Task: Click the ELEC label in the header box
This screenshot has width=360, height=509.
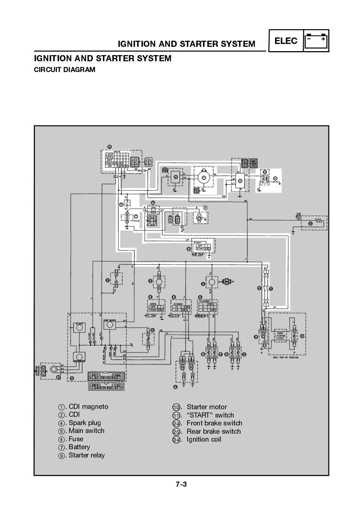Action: [x=286, y=41]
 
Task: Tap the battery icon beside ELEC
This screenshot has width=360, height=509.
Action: [x=316, y=41]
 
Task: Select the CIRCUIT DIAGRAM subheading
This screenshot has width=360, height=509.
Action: [x=64, y=70]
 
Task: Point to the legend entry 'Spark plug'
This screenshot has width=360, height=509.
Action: [x=85, y=423]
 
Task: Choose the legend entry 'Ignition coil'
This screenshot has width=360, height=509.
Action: [x=204, y=439]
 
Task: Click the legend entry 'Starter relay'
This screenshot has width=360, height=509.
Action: [x=86, y=455]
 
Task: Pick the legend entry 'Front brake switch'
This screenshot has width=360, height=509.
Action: [x=214, y=423]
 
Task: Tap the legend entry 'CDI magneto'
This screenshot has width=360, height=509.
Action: [x=88, y=407]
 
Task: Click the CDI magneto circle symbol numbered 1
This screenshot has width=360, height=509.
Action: [x=204, y=178]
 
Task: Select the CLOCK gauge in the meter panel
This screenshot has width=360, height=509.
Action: [x=79, y=327]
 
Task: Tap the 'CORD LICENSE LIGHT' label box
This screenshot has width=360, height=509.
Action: [x=280, y=335]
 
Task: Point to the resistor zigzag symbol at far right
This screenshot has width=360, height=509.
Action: [x=318, y=220]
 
